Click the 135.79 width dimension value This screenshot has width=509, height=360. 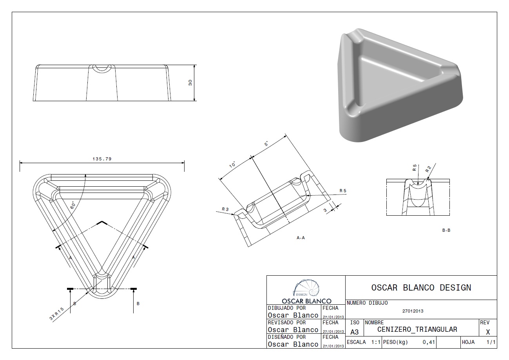click(101, 159)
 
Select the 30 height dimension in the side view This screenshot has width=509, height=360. click(190, 83)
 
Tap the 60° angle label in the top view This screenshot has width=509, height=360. click(73, 205)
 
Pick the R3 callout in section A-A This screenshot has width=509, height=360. click(225, 209)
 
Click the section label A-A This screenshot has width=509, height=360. click(301, 238)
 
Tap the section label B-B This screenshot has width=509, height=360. click(446, 230)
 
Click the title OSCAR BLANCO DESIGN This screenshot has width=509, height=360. click(421, 287)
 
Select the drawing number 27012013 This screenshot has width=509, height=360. click(413, 311)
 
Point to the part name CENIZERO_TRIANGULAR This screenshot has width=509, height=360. click(417, 329)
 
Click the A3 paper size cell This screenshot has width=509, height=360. click(354, 332)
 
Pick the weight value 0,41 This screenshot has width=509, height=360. click(429, 342)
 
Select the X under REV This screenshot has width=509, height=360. click(488, 332)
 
